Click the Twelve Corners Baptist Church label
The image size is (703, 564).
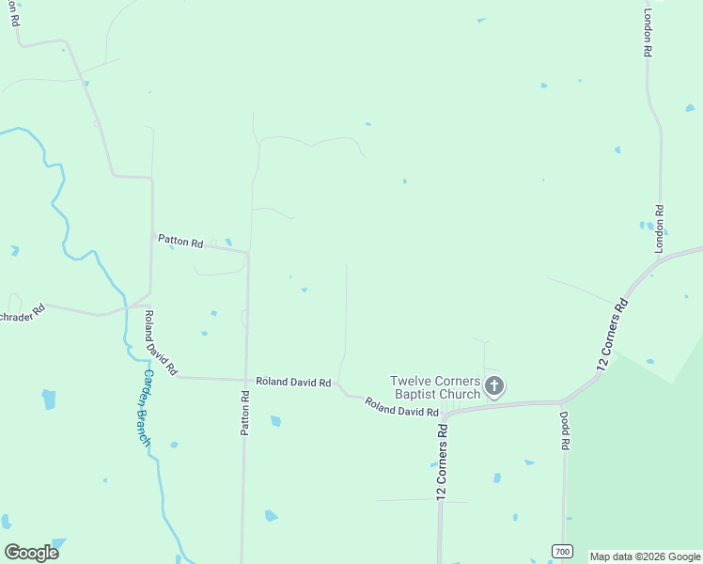pyautogui.click(x=435, y=387)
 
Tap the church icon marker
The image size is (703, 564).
pyautogui.click(x=494, y=385)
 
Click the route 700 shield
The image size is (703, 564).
pyautogui.click(x=561, y=550)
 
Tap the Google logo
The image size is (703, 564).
pyautogui.click(x=31, y=553)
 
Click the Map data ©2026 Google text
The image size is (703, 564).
pyautogui.click(x=645, y=556)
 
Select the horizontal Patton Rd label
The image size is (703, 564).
pyautogui.click(x=180, y=241)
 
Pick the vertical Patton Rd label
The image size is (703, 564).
pyautogui.click(x=244, y=413)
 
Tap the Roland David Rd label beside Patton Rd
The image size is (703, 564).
pyautogui.click(x=293, y=383)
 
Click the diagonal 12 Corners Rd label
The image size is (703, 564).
pyautogui.click(x=612, y=334)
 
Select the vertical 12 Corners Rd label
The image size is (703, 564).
pyautogui.click(x=441, y=459)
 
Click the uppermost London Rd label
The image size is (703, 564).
pyautogui.click(x=647, y=34)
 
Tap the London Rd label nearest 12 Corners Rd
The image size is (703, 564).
pyautogui.click(x=660, y=228)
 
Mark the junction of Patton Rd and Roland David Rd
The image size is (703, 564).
pyautogui.click(x=246, y=380)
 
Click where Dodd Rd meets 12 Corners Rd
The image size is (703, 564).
pyautogui.click(x=564, y=402)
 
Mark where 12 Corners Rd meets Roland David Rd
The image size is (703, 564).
pyautogui.click(x=444, y=414)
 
